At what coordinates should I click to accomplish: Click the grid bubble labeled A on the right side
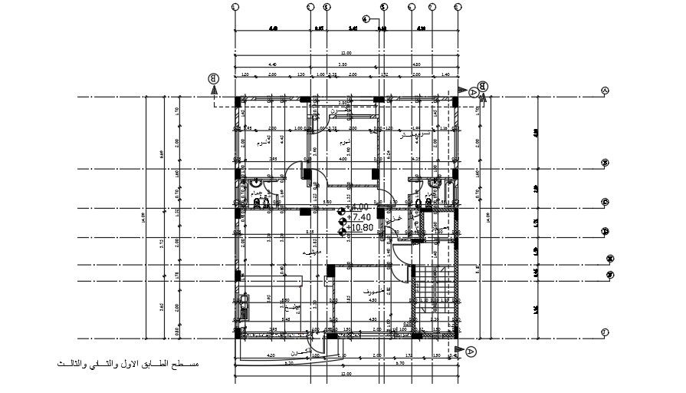(606, 91)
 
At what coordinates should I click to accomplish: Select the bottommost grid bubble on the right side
(606, 332)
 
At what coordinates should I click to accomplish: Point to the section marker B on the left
(214, 78)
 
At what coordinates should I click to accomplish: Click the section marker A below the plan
(471, 351)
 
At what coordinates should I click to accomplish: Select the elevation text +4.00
(358, 207)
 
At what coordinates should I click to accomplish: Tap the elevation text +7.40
(358, 218)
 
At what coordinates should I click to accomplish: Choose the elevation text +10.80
(359, 228)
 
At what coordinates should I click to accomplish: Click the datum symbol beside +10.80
(342, 228)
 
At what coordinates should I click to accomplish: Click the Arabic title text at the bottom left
(126, 362)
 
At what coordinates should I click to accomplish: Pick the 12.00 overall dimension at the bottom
(345, 374)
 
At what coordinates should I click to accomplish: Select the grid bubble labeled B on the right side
(606, 163)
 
